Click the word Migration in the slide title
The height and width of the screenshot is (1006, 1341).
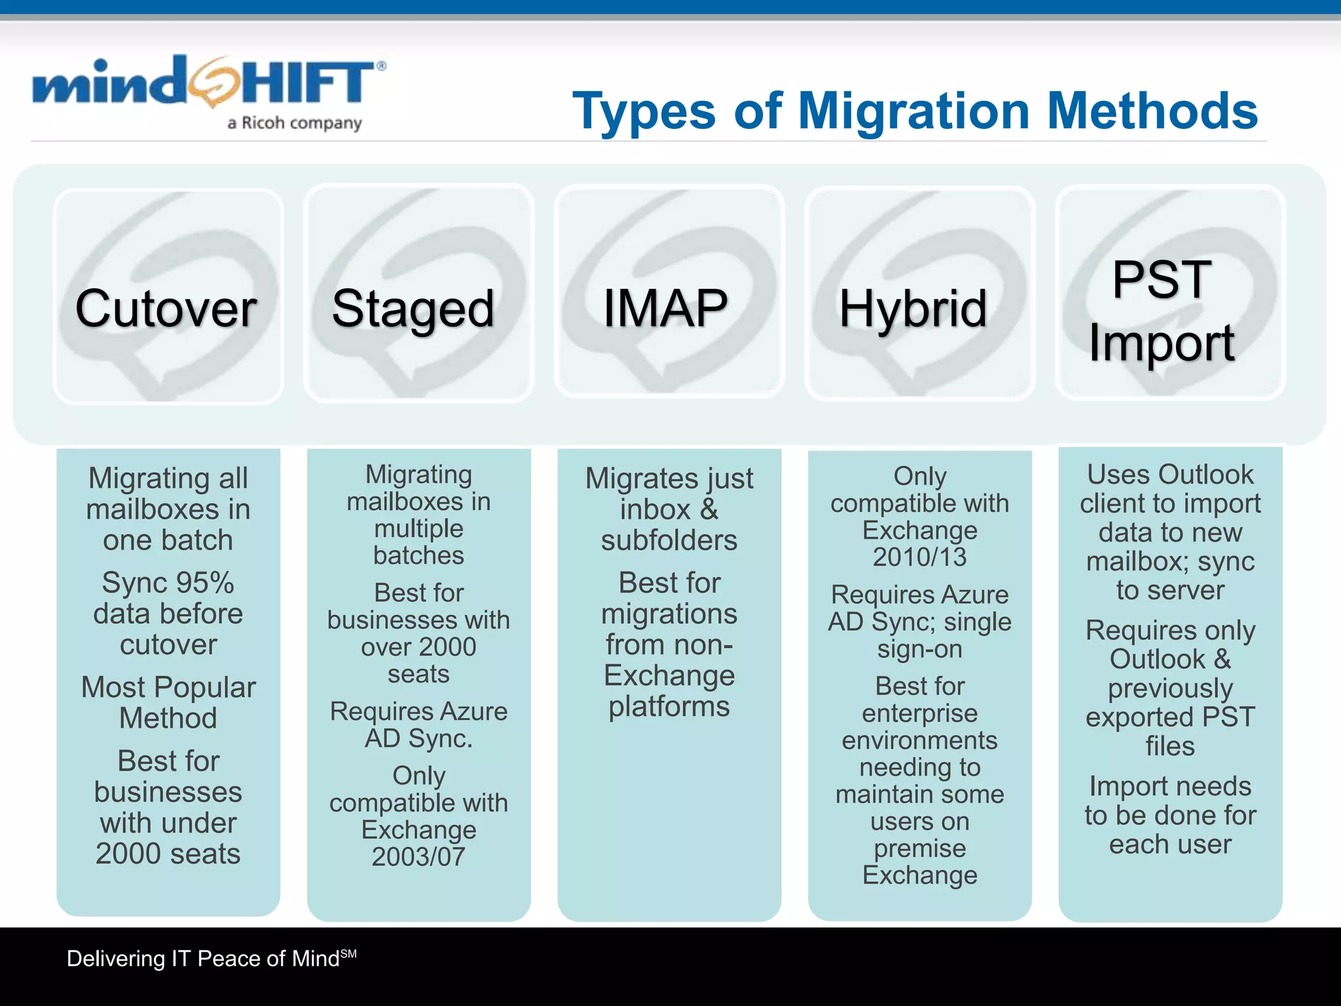915,111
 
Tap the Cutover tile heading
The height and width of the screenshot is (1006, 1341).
166,308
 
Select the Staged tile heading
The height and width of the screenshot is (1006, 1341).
413,308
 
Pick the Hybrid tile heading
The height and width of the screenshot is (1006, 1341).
913,308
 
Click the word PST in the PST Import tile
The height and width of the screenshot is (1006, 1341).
1162,280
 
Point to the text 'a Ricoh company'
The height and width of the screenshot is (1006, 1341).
295,123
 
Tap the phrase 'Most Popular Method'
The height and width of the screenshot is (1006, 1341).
168,703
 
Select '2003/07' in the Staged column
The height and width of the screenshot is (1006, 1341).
419,857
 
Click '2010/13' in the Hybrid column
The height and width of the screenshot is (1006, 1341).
919,557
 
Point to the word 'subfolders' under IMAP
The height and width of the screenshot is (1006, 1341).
669,540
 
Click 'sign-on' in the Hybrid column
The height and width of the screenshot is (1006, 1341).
920,649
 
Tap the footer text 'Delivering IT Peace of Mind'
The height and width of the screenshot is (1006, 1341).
204,959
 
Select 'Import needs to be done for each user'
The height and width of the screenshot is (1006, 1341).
1170,815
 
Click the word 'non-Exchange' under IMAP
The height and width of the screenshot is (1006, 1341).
669,660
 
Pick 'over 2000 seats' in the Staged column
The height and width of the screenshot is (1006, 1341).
419,660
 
